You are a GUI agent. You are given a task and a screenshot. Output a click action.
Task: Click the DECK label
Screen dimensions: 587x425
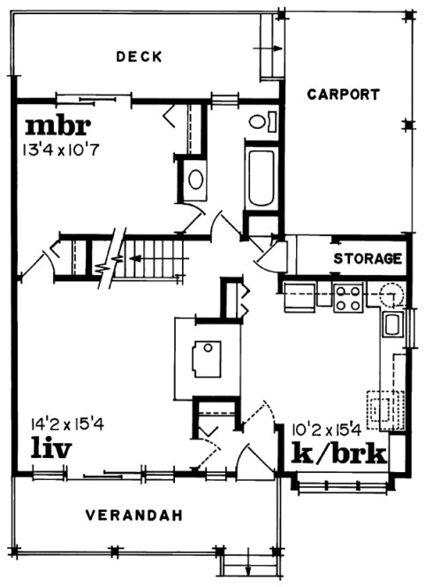click(x=139, y=57)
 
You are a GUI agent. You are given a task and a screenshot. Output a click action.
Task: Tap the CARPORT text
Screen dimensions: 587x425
click(x=344, y=94)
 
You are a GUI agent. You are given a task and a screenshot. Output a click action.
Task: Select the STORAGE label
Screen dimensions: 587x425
click(x=368, y=259)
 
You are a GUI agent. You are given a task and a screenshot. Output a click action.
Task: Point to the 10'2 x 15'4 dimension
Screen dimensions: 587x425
click(x=325, y=431)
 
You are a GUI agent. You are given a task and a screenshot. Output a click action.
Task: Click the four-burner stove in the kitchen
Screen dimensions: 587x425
click(x=348, y=297)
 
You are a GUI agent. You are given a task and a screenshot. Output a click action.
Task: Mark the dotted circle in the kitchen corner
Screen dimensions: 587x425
click(x=390, y=293)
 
